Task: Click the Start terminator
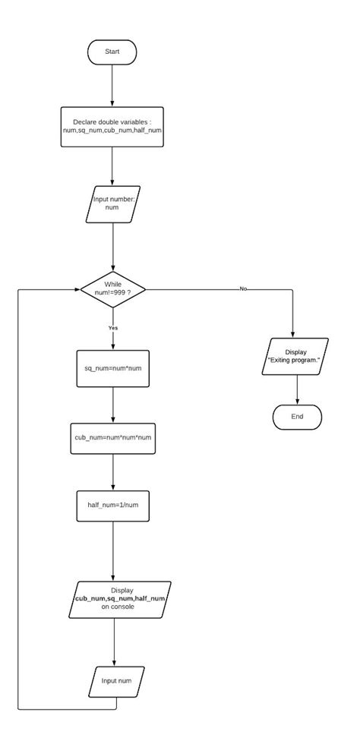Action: coord(112,52)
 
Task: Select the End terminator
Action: coord(297,417)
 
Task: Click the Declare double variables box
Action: coord(112,126)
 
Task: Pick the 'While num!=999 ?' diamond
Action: coord(112,289)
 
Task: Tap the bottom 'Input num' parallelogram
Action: coord(116,680)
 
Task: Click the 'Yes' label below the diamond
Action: coord(112,328)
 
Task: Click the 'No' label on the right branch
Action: coord(243,289)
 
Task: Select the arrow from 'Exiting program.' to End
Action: coord(296,389)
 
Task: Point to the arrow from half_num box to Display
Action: coord(112,552)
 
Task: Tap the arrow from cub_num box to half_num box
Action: coord(112,474)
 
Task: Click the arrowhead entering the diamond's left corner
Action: coord(77,289)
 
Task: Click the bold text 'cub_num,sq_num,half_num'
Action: coord(119,598)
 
